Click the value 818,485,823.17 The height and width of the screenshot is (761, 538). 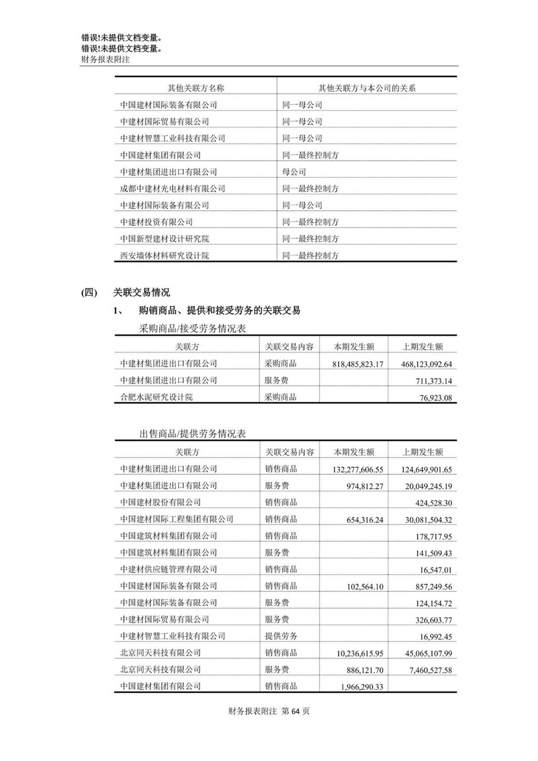click(358, 364)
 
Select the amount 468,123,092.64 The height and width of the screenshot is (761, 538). click(426, 364)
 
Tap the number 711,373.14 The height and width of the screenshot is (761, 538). click(433, 381)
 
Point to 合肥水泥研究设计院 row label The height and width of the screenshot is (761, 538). click(156, 397)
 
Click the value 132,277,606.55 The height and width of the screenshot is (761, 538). click(358, 470)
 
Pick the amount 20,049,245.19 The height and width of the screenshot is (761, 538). click(428, 486)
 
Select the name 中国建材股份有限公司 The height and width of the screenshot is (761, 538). click(160, 502)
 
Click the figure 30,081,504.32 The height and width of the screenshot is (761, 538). click(428, 520)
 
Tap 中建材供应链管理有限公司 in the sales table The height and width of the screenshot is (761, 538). click(169, 569)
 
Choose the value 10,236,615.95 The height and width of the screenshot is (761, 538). click(360, 653)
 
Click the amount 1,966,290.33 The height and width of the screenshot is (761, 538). click(362, 687)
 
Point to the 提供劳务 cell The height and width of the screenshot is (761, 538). click(281, 636)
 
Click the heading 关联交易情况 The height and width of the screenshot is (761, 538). click(141, 293)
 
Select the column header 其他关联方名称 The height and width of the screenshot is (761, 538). click(196, 88)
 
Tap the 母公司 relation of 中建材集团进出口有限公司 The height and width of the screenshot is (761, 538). click(294, 172)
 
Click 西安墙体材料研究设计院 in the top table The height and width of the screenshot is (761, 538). click(165, 256)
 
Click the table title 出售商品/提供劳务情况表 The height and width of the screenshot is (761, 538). click(192, 434)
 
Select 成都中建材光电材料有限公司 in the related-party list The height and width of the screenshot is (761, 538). click(173, 188)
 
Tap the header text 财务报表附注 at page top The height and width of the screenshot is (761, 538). click(105, 59)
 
